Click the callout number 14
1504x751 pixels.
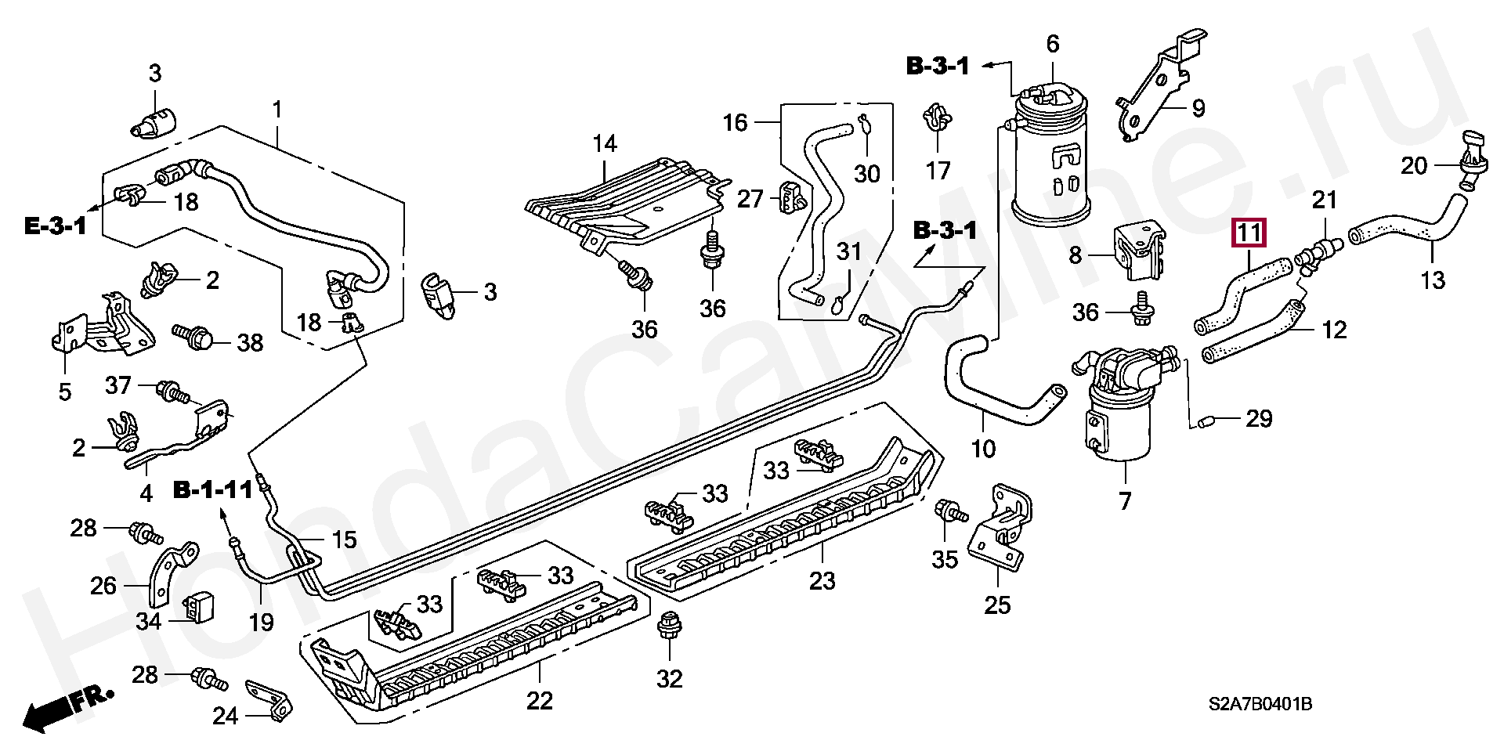tap(605, 143)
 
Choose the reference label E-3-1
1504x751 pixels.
tap(54, 227)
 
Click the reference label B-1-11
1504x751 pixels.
tap(212, 491)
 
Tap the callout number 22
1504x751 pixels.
tap(540, 700)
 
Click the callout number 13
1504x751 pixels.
tap(1433, 280)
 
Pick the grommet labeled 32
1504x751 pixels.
tap(668, 624)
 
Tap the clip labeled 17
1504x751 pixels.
tap(936, 117)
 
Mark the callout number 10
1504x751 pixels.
tap(983, 449)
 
